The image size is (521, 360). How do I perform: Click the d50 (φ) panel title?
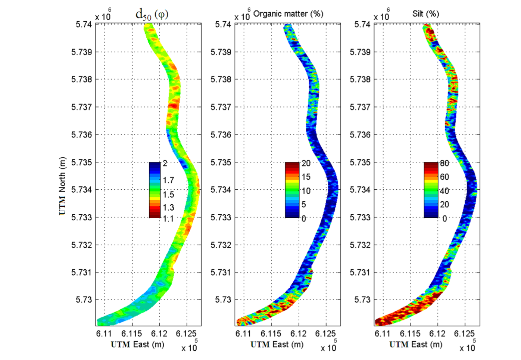point(152,15)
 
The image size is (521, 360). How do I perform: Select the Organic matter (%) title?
point(288,14)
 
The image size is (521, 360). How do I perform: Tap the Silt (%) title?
point(425,14)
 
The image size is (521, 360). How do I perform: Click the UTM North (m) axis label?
point(62,186)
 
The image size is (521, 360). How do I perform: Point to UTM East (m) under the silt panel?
point(416,345)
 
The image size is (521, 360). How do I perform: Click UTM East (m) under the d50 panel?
point(137,345)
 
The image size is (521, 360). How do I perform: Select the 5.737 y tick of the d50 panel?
point(82,107)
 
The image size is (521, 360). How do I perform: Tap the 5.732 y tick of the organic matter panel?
point(221,245)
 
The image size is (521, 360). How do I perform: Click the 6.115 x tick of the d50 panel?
point(131,333)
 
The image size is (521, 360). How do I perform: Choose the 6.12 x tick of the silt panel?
point(437,333)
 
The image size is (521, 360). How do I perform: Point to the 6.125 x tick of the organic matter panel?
point(325,333)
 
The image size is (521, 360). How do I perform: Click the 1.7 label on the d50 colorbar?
point(168,180)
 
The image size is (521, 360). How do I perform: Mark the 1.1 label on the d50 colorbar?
point(168,219)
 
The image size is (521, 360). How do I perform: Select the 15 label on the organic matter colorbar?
point(306,177)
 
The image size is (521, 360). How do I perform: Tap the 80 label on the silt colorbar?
point(444,164)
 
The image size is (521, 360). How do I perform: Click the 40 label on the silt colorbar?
point(444,191)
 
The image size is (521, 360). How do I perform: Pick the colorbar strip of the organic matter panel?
point(292,190)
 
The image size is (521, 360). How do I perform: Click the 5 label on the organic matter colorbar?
point(304,205)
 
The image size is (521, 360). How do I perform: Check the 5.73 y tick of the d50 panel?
point(84,300)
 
